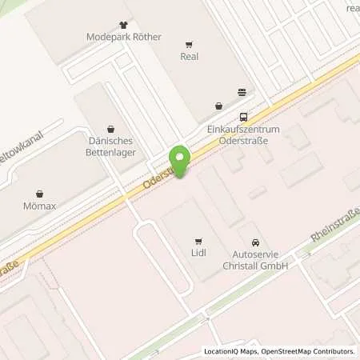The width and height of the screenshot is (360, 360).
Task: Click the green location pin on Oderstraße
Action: pyautogui.click(x=180, y=162)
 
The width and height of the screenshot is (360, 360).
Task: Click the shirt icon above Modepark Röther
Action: pyautogui.click(x=122, y=24)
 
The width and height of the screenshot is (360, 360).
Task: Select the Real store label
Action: pyautogui.click(x=190, y=57)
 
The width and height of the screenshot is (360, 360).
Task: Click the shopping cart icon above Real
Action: pyautogui.click(x=190, y=45)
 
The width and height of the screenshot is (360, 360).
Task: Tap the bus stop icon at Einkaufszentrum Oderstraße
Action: pyautogui.click(x=243, y=115)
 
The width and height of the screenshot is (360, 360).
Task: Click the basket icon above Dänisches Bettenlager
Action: pyautogui.click(x=110, y=126)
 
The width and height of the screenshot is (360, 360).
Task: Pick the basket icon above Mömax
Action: pyautogui.click(x=40, y=193)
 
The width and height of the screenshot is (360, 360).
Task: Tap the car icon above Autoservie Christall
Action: pyautogui.click(x=255, y=242)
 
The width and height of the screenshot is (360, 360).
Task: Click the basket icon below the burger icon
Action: pyautogui.click(x=218, y=105)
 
